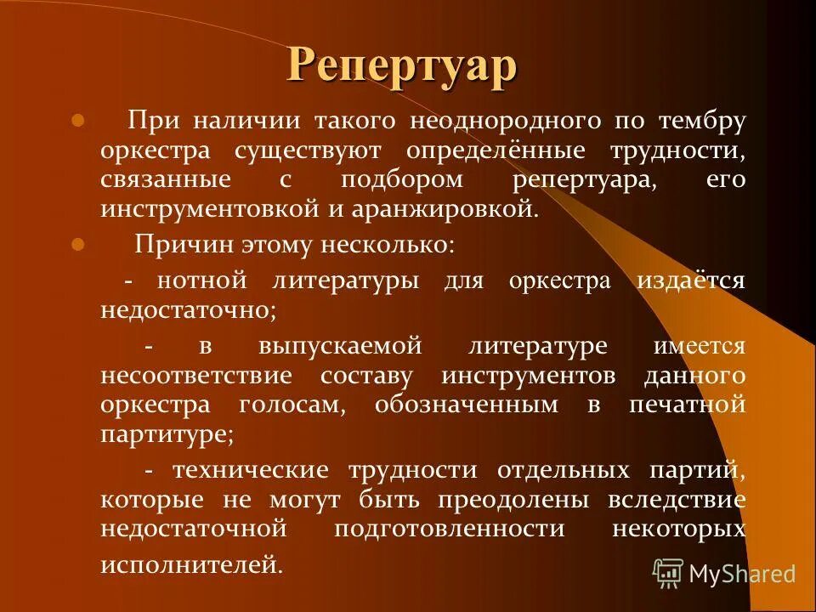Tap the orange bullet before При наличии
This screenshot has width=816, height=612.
[x=78, y=121]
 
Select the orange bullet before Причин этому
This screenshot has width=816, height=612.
[x=78, y=245]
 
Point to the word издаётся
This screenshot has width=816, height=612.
[x=691, y=281]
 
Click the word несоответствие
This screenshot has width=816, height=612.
[x=196, y=376]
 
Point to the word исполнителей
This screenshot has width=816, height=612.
[x=191, y=564]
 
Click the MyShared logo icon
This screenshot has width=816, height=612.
[x=667, y=573]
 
